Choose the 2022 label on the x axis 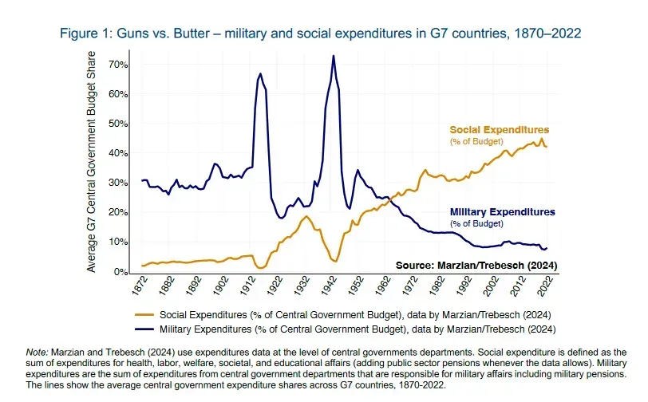547,286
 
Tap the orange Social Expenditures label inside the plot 499,129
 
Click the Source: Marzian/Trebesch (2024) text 476,265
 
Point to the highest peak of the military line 333,56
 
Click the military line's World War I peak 260,74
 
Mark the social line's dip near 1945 336,261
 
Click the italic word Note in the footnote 38,352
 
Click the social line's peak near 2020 542,139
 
